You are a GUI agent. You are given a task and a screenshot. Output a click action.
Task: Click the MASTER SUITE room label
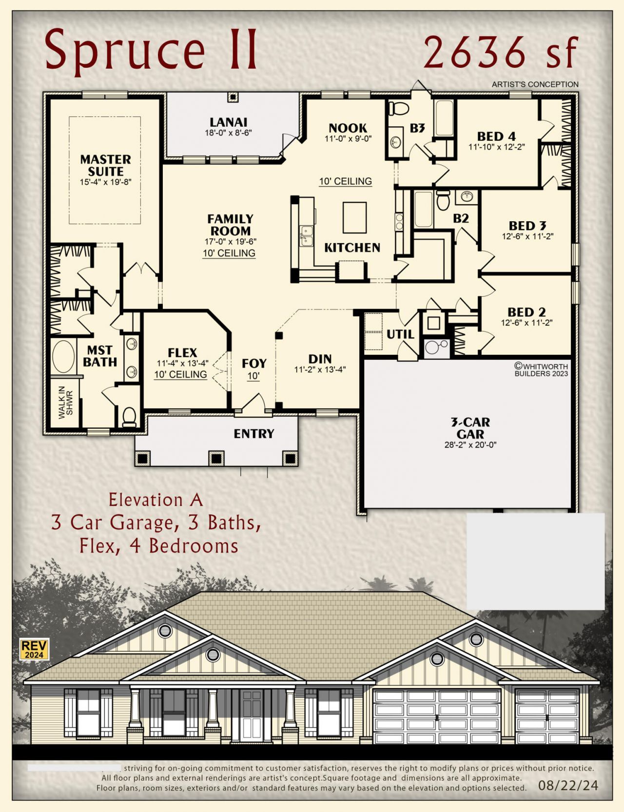pos(106,165)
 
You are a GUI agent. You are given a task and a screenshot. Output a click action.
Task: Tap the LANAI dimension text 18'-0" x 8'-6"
pos(229,133)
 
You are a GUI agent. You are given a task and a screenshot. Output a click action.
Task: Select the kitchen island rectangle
pos(354,218)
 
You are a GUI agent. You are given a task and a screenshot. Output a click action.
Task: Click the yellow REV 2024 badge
pos(35,649)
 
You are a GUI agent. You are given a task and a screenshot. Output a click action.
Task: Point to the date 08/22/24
pos(568,785)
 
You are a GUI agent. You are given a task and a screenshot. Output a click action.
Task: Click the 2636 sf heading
pos(501,52)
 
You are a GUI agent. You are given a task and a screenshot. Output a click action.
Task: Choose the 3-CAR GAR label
pos(470,428)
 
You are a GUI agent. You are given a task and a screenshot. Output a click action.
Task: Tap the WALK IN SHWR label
pos(66,402)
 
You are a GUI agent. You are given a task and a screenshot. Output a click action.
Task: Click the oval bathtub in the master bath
pos(63,357)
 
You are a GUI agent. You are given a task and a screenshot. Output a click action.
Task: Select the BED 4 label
pos(496,136)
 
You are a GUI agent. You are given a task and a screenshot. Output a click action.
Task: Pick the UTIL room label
pos(400,334)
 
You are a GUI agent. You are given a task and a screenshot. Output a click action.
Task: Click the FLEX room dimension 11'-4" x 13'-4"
pos(183,363)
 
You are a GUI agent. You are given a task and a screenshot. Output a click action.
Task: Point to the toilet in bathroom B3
pos(399,108)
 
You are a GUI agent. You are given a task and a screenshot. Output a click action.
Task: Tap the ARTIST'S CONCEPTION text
pos(535,84)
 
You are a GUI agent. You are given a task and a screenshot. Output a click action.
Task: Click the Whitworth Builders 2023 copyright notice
pos(542,370)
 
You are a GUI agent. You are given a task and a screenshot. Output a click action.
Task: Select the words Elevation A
pos(156,500)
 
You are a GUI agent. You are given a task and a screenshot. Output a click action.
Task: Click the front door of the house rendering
pos(252,715)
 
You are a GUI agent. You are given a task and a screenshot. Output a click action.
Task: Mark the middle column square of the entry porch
pos(216,458)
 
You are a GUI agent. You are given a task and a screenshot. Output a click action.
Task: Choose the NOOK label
pos(348,128)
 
